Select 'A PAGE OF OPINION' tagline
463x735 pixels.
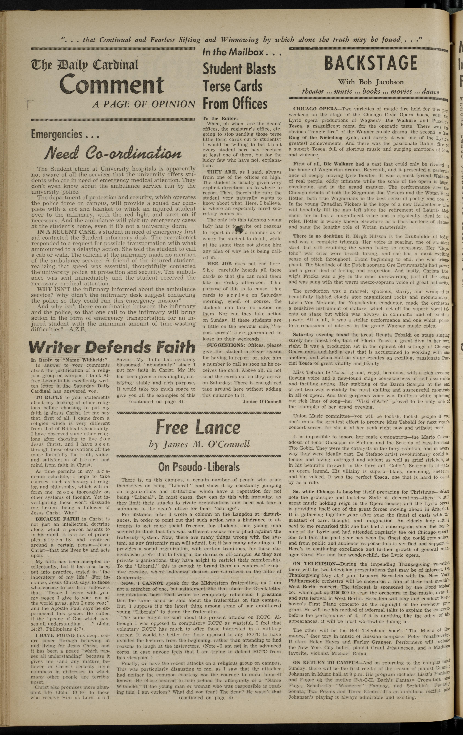pos(144,104)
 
